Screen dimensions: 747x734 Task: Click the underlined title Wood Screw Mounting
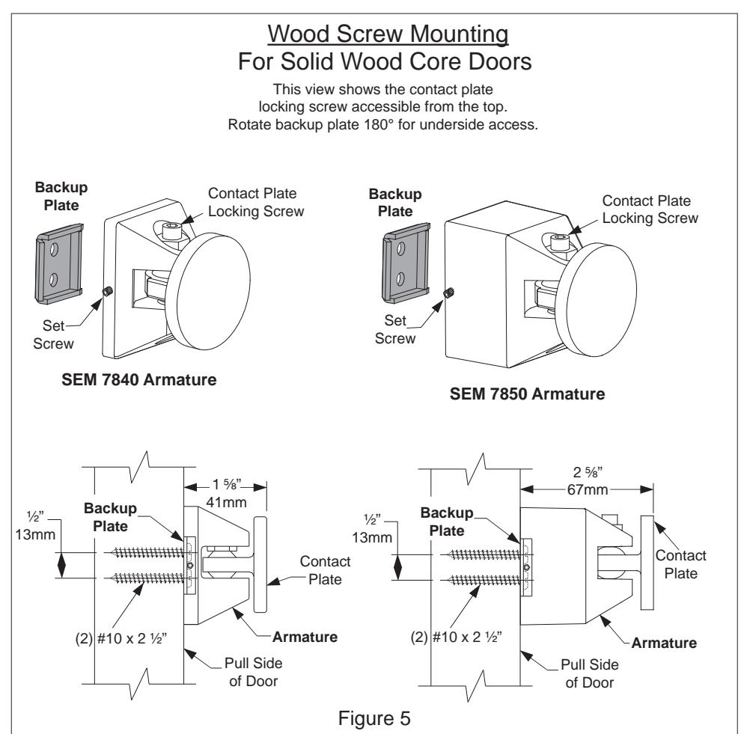(388, 34)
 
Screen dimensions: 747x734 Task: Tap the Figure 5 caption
(374, 718)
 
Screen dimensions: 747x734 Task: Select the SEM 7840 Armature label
(139, 379)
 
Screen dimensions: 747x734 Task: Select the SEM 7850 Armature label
(527, 394)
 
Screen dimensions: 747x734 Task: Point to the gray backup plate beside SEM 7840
(59, 264)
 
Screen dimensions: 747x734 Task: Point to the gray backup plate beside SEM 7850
(406, 263)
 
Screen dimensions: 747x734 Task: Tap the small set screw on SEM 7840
(107, 291)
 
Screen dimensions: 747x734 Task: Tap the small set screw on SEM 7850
(449, 293)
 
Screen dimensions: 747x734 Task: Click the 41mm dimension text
(226, 503)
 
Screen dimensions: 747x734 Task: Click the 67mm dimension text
(588, 489)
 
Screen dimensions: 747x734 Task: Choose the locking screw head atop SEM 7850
(559, 242)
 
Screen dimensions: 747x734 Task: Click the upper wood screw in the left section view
(147, 553)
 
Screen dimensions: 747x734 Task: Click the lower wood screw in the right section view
(485, 580)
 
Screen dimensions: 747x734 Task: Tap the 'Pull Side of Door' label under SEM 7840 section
(254, 672)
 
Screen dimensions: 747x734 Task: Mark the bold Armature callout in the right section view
(664, 643)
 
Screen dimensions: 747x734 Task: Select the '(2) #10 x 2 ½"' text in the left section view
(121, 638)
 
